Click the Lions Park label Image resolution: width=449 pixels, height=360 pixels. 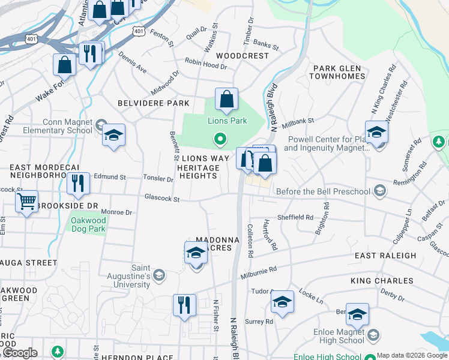[x=228, y=121]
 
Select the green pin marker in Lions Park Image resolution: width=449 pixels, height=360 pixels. [x=220, y=140]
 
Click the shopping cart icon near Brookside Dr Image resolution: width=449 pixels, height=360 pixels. [x=26, y=202]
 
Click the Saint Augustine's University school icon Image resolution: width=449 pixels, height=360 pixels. [x=158, y=275]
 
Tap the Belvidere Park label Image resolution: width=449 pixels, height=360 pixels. [x=153, y=103]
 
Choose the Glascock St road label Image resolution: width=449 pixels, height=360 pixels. [x=162, y=197]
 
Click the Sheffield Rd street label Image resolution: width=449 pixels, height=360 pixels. [x=295, y=217]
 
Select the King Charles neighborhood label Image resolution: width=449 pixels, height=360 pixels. [x=382, y=281]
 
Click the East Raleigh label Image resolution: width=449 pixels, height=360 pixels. [x=385, y=256]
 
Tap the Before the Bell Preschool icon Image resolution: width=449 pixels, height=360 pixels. [x=379, y=191]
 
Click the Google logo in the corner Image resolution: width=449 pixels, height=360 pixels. [x=20, y=353]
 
